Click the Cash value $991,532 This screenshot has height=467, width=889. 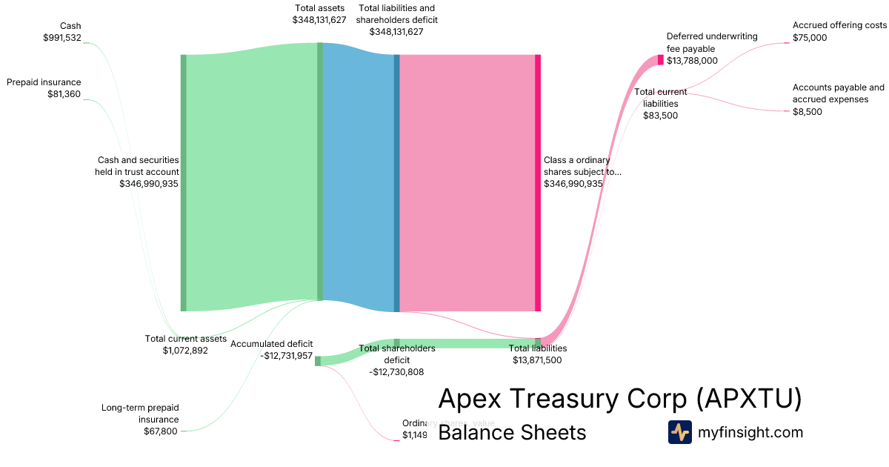(x=62, y=38)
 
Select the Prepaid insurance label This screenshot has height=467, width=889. (x=44, y=82)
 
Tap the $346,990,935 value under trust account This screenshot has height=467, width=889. (x=148, y=183)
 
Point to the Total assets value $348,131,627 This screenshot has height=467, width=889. (x=319, y=20)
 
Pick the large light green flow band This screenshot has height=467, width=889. (x=252, y=178)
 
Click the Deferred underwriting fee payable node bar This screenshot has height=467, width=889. (x=661, y=60)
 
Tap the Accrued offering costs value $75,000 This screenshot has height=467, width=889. (x=810, y=37)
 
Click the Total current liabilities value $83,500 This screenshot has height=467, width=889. (x=660, y=115)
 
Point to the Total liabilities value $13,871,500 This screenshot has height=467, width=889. (x=537, y=360)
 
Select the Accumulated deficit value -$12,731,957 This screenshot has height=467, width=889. (x=287, y=355)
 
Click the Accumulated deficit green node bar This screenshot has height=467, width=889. (x=318, y=361)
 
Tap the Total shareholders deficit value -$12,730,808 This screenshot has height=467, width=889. (x=396, y=372)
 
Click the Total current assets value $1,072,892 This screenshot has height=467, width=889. (x=185, y=350)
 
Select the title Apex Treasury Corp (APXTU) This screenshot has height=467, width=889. (x=619, y=399)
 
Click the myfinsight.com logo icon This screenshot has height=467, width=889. (x=679, y=432)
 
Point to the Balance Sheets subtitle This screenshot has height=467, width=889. (x=512, y=432)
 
